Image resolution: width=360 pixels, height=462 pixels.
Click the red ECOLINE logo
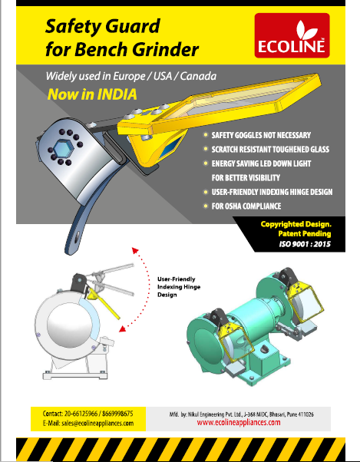292,35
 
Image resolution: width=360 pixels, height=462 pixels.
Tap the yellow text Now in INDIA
92,94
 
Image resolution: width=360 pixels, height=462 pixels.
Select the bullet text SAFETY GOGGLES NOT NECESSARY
261,135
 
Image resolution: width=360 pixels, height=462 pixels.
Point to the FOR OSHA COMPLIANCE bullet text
246,206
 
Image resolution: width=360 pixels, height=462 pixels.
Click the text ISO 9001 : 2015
305,244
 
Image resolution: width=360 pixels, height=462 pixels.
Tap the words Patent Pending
305,234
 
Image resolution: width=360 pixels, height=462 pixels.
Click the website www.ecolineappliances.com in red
239,423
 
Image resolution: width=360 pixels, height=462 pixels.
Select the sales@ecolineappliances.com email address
97,424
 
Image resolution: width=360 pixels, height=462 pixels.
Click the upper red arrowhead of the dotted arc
135,250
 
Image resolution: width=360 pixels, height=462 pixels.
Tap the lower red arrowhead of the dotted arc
123,328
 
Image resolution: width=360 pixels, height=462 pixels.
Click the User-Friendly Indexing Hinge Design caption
179,287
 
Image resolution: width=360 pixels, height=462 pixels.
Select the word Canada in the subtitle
198,76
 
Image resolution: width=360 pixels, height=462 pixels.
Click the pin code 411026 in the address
306,414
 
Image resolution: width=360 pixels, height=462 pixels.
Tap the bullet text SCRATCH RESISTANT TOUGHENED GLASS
270,150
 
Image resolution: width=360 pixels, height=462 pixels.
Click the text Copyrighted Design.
296,224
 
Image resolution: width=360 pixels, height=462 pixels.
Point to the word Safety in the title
74,27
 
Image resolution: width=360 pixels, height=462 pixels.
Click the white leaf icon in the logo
307,29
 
